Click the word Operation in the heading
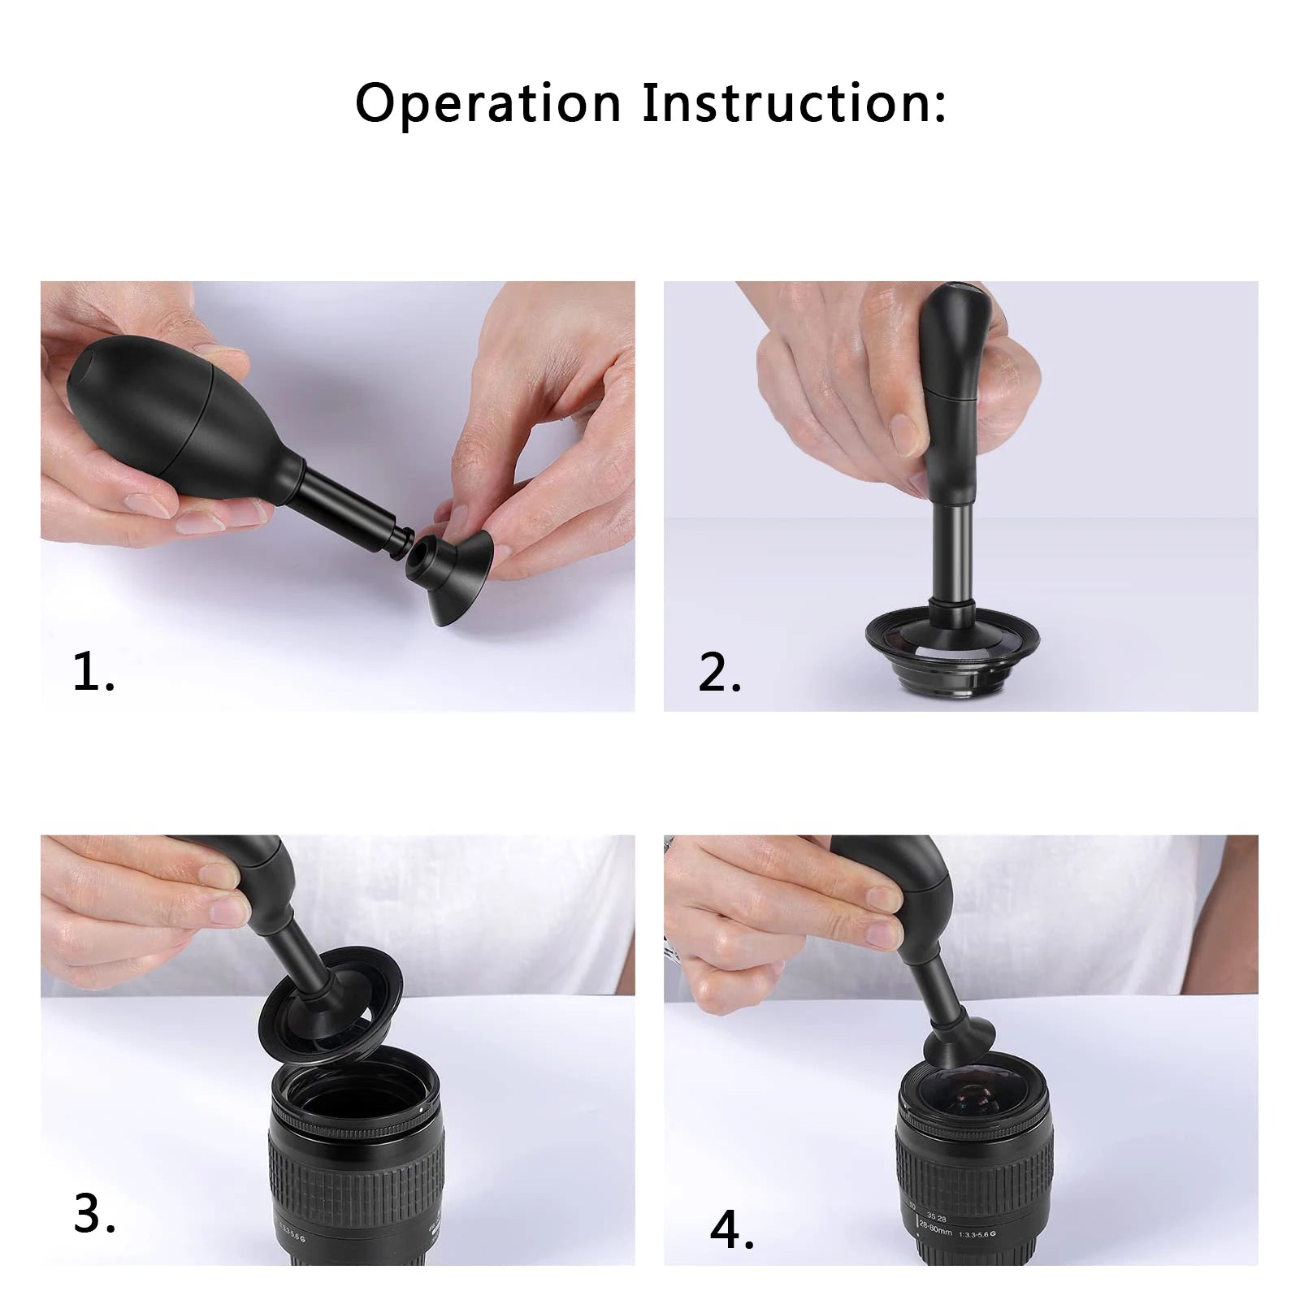tap(487, 104)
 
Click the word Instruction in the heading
tap(794, 104)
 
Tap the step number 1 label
tap(93, 672)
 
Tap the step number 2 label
tap(719, 672)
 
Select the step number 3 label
tap(93, 1214)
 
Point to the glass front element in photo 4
tap(975, 1093)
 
